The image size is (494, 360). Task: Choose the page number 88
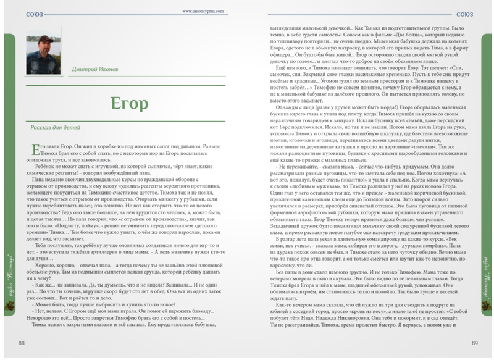[22, 343]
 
